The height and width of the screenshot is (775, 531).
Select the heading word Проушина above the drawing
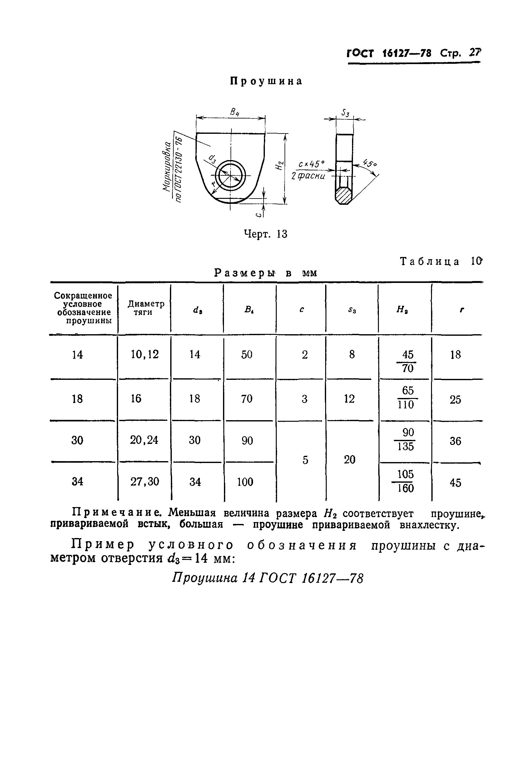(266, 81)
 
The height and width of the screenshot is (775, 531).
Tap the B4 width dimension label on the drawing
(235, 112)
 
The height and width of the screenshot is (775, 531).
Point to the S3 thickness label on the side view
(345, 113)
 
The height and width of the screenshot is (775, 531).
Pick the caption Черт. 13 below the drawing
(265, 234)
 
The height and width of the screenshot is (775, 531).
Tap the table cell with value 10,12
(145, 354)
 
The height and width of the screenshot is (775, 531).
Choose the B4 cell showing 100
(245, 481)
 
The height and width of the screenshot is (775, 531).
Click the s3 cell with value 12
(350, 399)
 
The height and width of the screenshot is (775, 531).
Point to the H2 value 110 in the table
(405, 405)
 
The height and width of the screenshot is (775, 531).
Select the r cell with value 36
(455, 441)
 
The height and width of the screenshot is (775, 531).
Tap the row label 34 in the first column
(77, 481)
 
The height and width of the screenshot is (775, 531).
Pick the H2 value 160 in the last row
(405, 488)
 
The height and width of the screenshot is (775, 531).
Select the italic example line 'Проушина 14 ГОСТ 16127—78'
(267, 578)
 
